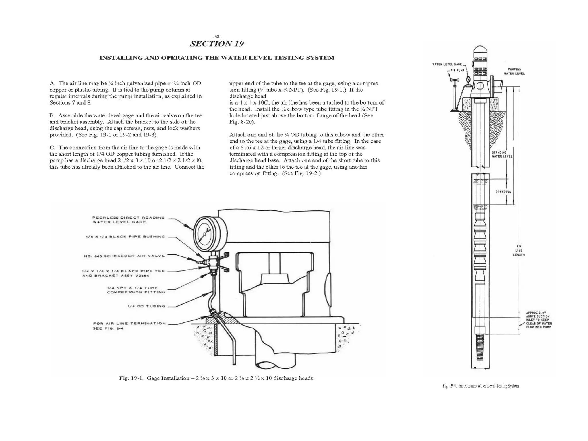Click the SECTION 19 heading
coord(217,44)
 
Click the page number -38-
coord(217,36)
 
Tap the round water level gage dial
coord(205,234)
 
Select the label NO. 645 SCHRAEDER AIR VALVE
coord(124,256)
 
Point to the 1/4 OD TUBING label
coord(146,306)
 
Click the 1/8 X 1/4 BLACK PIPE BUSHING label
coord(125,237)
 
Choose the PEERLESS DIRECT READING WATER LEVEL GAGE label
coord(128,220)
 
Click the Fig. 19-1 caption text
coord(217,378)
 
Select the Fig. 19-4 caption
coord(481,386)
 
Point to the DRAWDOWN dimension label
coord(503,192)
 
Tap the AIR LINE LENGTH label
coord(519,250)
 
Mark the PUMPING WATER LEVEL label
coord(514,71)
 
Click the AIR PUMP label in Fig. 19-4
coord(457,71)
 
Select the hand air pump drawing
coord(455,95)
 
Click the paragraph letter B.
coord(52,115)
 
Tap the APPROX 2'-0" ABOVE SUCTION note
coord(539,320)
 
